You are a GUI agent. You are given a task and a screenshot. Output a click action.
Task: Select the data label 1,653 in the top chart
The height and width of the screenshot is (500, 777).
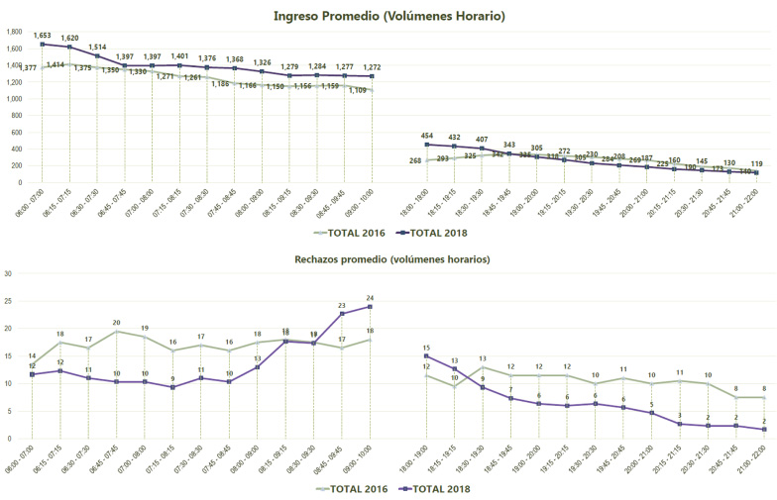(x=43, y=35)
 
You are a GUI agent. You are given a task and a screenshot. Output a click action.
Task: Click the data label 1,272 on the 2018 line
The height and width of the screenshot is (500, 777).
(x=372, y=67)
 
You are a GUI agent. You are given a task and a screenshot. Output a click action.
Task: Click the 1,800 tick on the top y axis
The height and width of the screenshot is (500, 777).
(x=14, y=32)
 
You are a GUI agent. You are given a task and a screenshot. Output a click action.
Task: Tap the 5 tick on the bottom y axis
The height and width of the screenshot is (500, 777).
(x=9, y=411)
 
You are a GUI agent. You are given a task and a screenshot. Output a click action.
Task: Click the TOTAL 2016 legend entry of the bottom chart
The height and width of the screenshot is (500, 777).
(x=350, y=487)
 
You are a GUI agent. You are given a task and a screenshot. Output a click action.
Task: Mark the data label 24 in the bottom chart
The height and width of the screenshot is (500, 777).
(x=371, y=297)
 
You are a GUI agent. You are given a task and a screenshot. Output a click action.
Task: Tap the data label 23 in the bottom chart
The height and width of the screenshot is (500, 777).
(x=342, y=306)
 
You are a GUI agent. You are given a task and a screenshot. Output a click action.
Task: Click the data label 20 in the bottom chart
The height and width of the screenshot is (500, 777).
(x=116, y=323)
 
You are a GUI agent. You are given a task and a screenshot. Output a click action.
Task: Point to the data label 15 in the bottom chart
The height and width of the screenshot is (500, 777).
(x=426, y=348)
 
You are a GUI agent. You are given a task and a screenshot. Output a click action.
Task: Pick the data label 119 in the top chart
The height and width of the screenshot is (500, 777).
(x=756, y=162)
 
